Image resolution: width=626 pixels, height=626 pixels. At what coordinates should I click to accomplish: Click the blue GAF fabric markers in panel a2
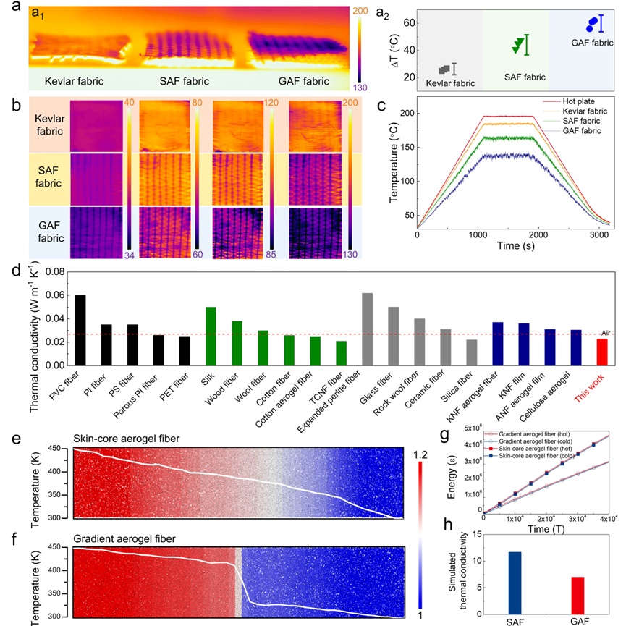593,25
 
